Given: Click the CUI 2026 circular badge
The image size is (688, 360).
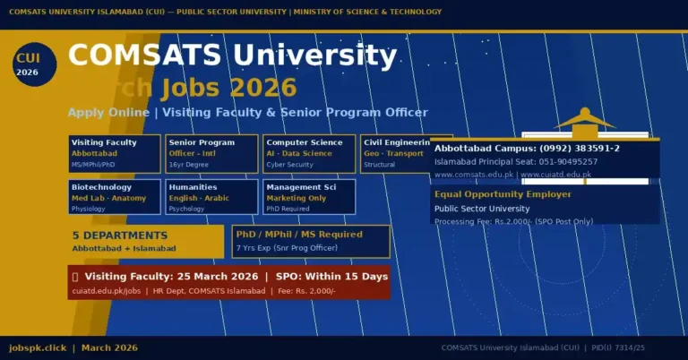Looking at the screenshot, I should coord(34,64).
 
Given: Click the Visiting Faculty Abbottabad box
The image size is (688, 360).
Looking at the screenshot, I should coord(115,153).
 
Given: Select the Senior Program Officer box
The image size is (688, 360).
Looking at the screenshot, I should coord(212,153).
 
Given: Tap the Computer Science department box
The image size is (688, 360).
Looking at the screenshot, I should coord(309,153).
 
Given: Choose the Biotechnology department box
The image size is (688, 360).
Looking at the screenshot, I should coord(115,197).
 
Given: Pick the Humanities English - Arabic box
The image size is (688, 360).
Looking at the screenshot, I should coord(212,197).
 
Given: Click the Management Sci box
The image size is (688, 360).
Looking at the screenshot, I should coord(309,197).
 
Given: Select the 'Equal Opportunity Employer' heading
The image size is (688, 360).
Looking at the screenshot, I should coord(503,193).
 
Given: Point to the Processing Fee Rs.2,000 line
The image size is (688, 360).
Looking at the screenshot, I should coord(513,220).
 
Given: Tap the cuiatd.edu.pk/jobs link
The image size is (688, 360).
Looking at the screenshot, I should coord(107,291).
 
